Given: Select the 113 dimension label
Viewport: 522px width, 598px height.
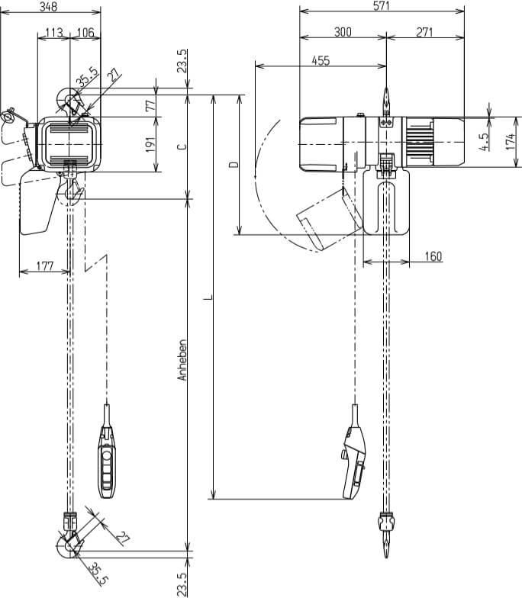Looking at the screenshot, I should click(53, 32).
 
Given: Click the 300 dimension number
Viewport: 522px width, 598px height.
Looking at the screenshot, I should click(343, 32).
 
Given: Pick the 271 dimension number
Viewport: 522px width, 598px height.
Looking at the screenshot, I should click(425, 32).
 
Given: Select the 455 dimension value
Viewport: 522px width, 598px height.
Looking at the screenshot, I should click(321, 61).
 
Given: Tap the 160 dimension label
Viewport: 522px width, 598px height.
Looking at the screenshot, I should click(432, 256).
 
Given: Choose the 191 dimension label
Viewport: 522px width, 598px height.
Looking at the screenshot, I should click(150, 143).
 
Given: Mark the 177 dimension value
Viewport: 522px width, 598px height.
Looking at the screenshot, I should click(44, 266).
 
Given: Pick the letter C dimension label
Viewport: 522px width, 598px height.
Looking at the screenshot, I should click(181, 146).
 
